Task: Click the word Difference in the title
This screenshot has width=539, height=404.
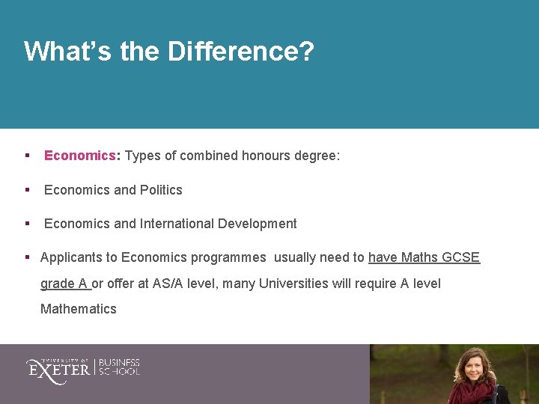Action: coord(241,52)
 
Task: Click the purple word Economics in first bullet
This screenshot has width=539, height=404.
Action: coord(79,156)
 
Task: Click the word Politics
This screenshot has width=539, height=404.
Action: coord(159,190)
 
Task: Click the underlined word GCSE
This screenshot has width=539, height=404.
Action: coord(460,257)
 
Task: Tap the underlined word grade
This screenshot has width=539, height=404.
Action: coord(58,284)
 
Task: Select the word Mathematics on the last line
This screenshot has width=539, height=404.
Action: coord(79,309)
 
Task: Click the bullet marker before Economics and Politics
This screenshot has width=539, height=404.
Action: coord(27,190)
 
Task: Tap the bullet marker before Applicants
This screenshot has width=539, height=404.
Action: coord(27,257)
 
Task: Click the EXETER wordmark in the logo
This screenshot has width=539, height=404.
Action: coord(58,368)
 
